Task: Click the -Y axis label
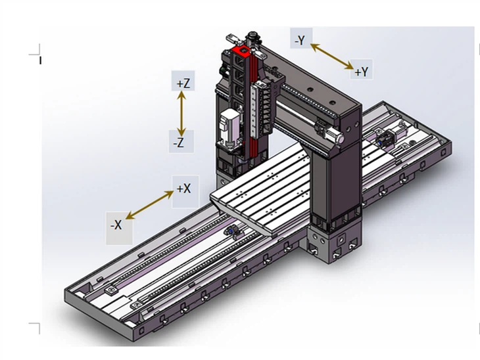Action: pyautogui.click(x=300, y=40)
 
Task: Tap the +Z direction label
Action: pyautogui.click(x=183, y=83)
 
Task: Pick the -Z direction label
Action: pyautogui.click(x=179, y=141)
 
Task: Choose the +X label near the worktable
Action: pyautogui.click(x=184, y=189)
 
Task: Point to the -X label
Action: pyautogui.click(x=116, y=225)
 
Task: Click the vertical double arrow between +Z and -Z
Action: pyautogui.click(x=182, y=112)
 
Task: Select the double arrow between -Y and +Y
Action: pyautogui.click(x=332, y=56)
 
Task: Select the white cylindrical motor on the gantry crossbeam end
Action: pyautogui.click(x=334, y=135)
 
